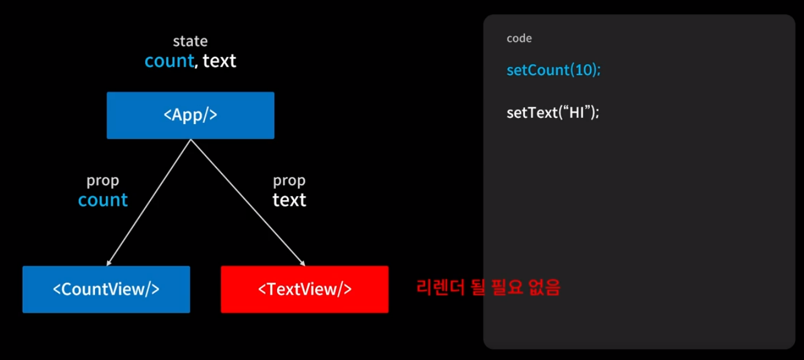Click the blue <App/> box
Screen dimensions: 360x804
pos(190,115)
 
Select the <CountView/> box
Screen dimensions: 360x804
pos(106,289)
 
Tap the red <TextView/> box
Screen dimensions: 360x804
pos(304,289)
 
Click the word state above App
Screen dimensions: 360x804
pos(190,41)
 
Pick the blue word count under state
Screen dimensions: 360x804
pos(169,61)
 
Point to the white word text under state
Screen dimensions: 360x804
pos(219,61)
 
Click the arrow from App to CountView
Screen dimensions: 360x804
pos(149,202)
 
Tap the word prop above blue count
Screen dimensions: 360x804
pos(103,181)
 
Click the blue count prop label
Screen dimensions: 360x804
pos(103,200)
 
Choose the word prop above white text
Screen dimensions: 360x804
pos(289,181)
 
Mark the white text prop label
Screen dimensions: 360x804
pos(289,200)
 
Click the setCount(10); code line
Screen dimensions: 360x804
pos(554,70)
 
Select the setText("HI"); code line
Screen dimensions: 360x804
pos(552,113)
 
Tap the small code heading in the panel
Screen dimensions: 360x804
pos(519,39)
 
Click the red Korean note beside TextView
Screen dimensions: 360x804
pos(488,288)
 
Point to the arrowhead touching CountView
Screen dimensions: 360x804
pos(108,264)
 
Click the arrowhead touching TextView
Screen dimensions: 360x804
pos(302,264)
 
